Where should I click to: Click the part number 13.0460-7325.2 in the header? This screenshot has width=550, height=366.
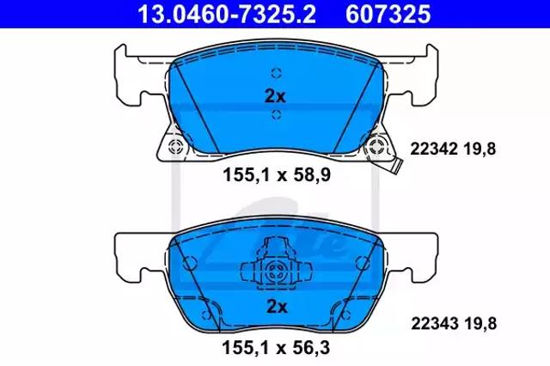[x=227, y=15]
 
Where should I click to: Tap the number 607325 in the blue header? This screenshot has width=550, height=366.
[x=388, y=15]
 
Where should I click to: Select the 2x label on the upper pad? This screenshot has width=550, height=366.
[x=275, y=96]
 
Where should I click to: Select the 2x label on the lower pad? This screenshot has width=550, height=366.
[x=277, y=307]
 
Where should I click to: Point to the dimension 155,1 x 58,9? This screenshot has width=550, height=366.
[x=277, y=175]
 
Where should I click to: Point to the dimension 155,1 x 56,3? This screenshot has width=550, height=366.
[x=276, y=348]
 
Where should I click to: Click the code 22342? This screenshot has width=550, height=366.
[x=434, y=149]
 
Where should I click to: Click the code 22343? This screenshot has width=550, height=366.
[x=435, y=323]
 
